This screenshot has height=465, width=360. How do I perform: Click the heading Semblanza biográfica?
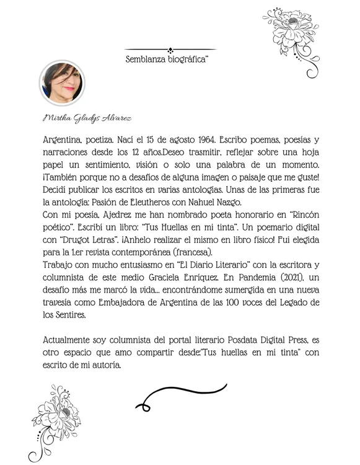pos(166,60)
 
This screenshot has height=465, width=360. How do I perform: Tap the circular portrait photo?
pos(62,83)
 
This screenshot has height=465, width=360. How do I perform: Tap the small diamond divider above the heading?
pos(170,50)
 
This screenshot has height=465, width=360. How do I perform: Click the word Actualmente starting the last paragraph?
pos(72,341)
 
